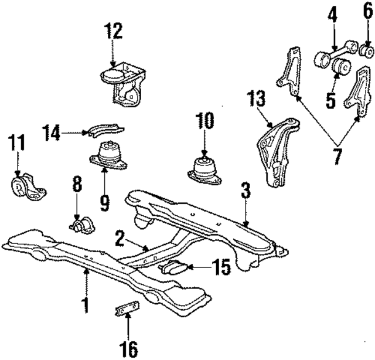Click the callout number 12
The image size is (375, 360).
point(114,30)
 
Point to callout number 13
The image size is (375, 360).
point(256,99)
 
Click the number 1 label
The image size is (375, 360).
point(86,305)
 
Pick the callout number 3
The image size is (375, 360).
point(246,190)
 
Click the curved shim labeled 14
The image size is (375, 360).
point(105,130)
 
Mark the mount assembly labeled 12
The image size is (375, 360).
point(121,80)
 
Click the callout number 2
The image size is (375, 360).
point(119,238)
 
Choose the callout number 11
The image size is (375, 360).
point(17,143)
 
